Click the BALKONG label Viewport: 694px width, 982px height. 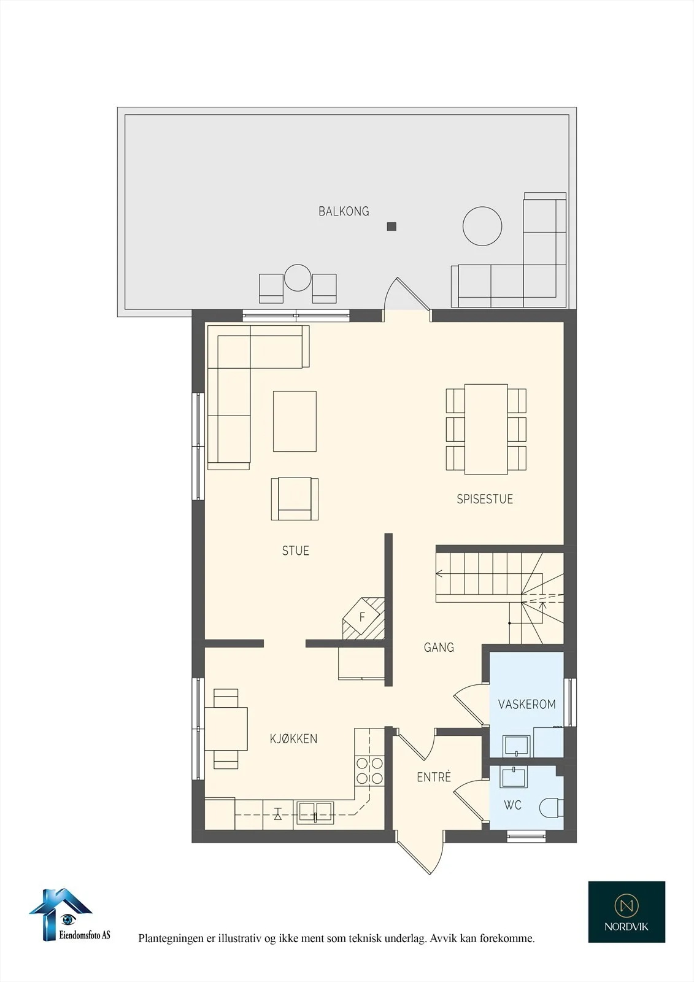click(x=344, y=211)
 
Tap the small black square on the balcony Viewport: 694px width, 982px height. click(x=391, y=226)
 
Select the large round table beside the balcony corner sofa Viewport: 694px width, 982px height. click(x=482, y=226)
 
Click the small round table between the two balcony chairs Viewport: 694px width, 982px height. click(x=298, y=277)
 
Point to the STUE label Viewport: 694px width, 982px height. click(x=296, y=551)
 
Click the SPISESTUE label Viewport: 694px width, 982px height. click(x=485, y=499)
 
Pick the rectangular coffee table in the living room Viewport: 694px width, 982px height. click(x=295, y=421)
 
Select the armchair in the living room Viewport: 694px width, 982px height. click(x=295, y=499)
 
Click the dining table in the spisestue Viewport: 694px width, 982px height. click(x=486, y=429)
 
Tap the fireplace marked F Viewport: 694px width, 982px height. click(x=363, y=619)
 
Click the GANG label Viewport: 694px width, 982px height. click(x=439, y=647)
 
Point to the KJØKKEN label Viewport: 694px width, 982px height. click(x=294, y=739)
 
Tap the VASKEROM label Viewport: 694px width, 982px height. click(x=527, y=704)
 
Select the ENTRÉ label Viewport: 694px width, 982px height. click(x=434, y=777)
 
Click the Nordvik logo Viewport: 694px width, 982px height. click(x=627, y=912)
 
